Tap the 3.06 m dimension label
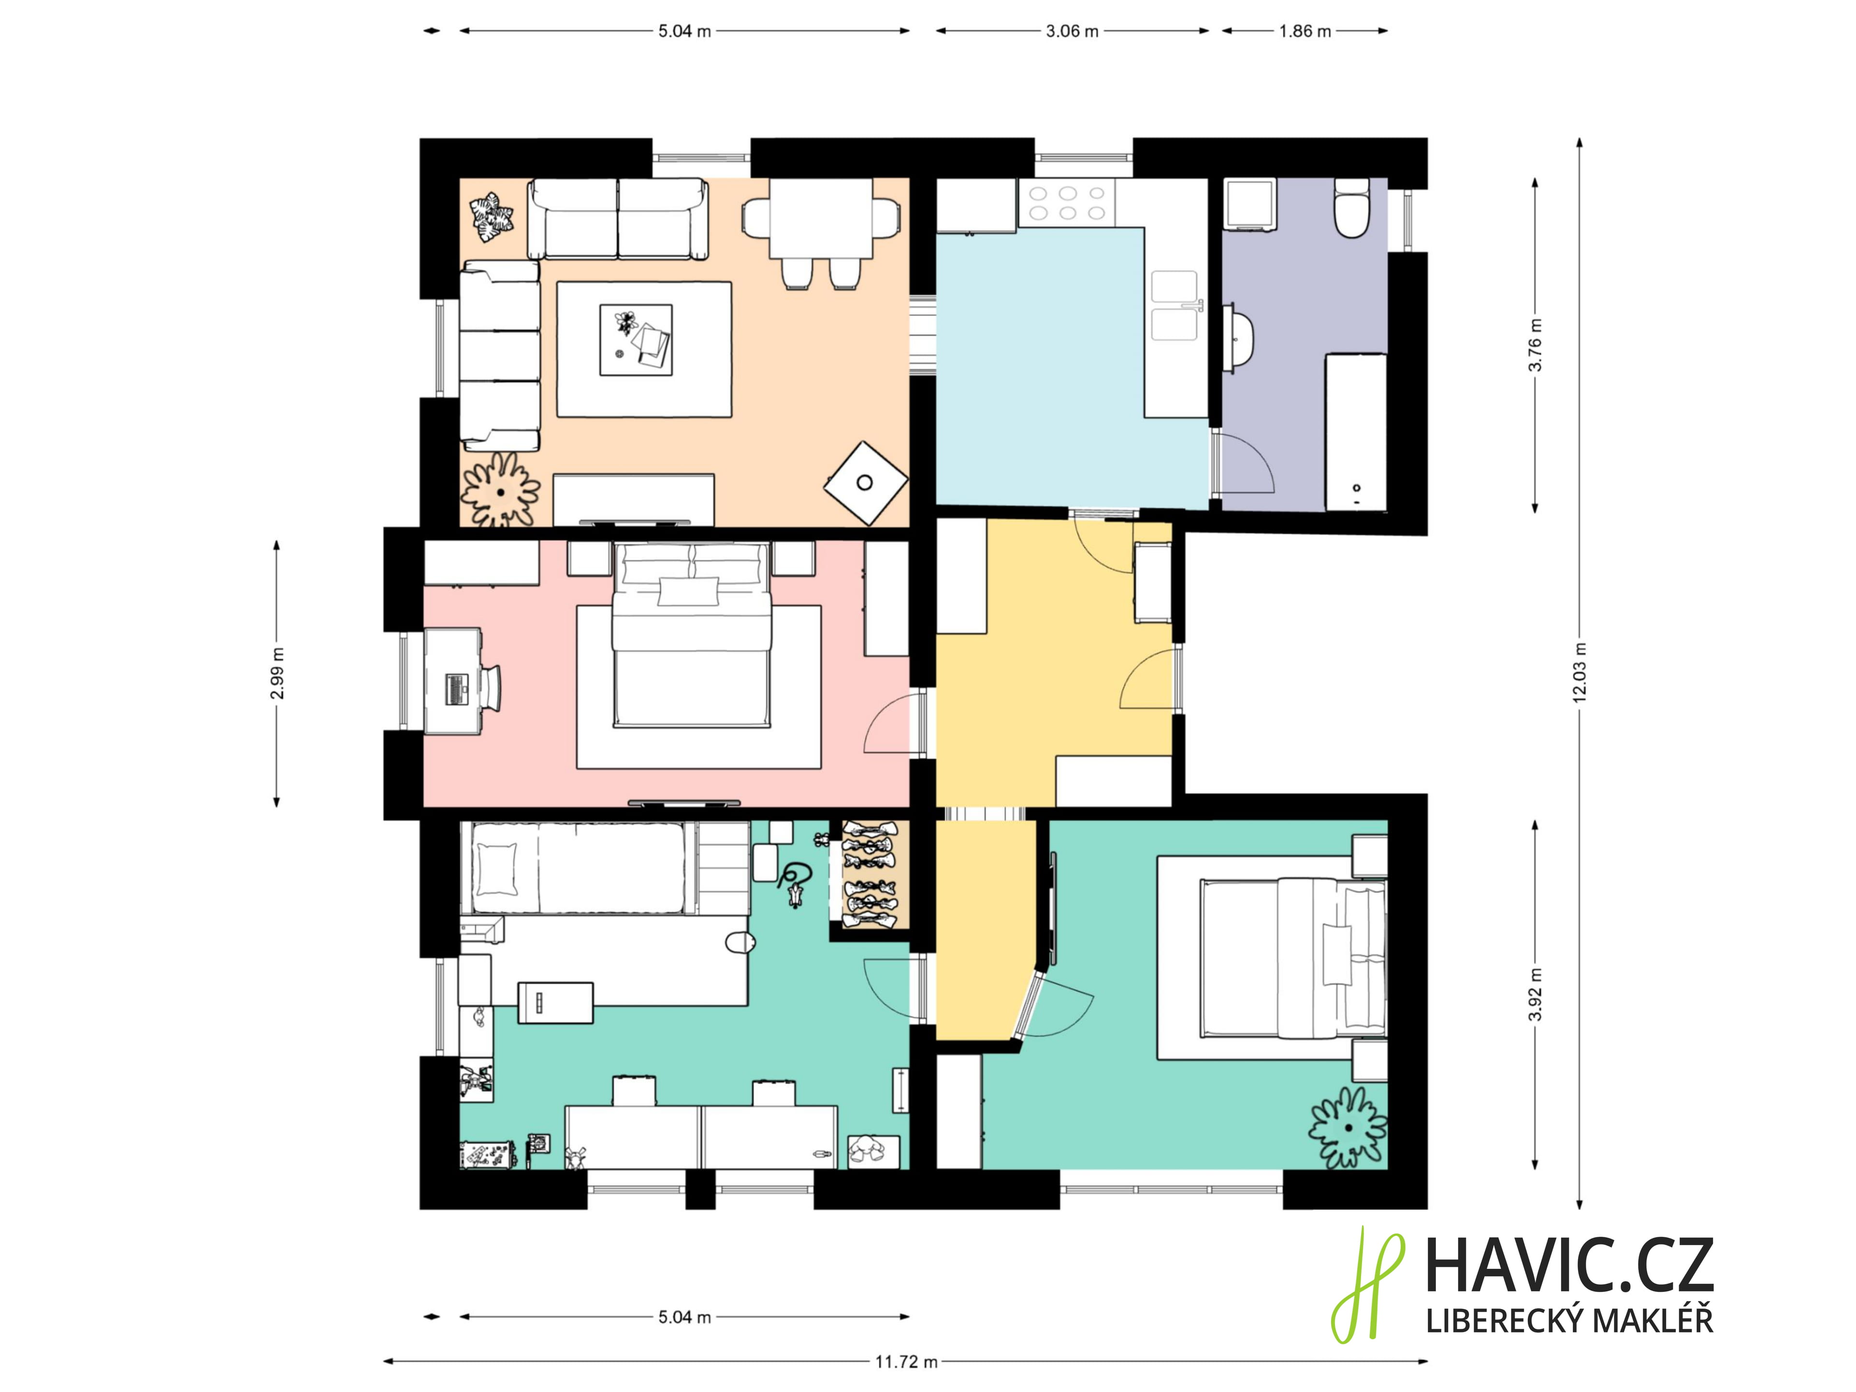[x=1072, y=31]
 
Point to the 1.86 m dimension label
[x=1305, y=31]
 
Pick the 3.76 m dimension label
[x=1535, y=345]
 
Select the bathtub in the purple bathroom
[x=1355, y=431]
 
